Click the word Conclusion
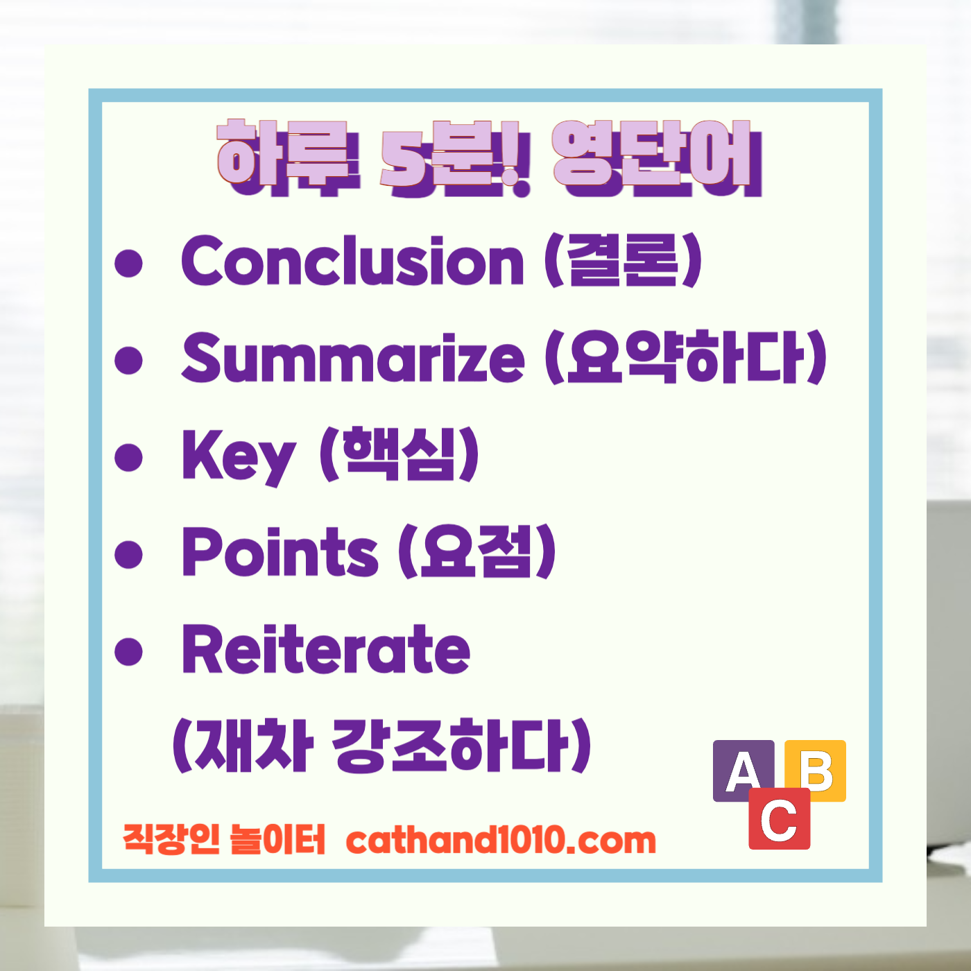352,261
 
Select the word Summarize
353,358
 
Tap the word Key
238,456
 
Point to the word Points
280,552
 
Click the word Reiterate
326,649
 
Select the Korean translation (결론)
623,261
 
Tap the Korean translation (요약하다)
686,358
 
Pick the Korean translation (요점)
477,552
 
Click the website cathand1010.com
501,840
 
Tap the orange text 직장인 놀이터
224,839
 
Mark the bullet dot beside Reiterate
129,651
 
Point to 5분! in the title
455,158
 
